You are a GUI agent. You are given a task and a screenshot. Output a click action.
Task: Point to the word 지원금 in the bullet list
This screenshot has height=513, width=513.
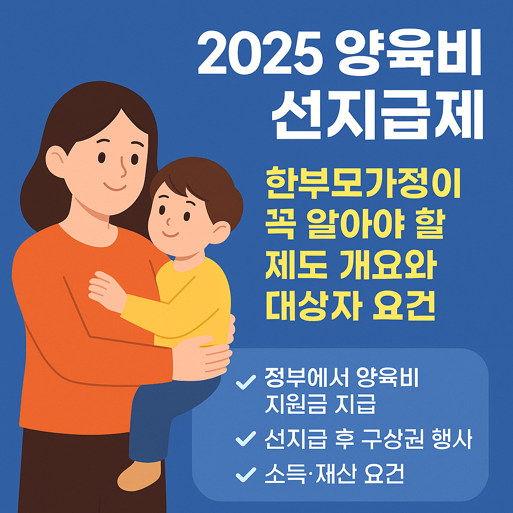(x=295, y=405)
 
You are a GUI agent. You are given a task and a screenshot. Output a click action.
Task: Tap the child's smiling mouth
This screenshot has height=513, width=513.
(x=170, y=234)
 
